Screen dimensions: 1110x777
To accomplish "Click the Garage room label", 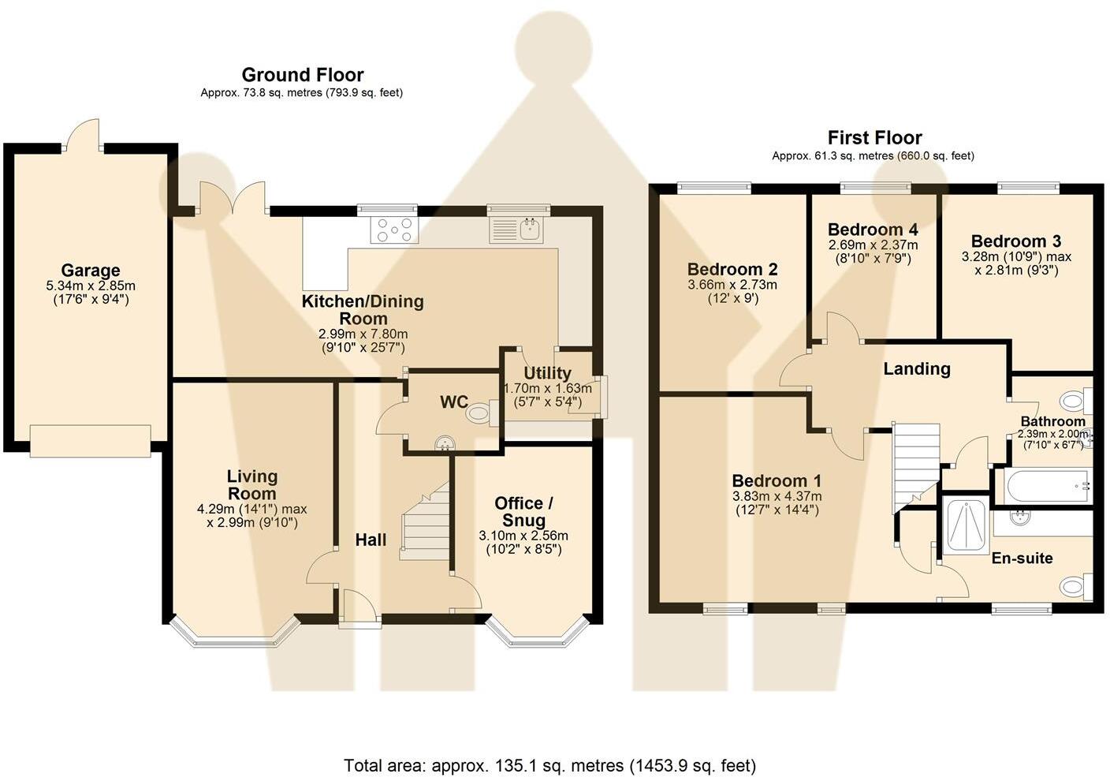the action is (x=91, y=271).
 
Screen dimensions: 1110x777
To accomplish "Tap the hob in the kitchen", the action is (x=394, y=230).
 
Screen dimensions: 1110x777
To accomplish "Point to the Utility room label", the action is (x=548, y=373).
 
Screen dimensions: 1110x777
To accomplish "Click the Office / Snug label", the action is (x=523, y=512).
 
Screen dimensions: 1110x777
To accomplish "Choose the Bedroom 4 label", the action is (x=873, y=230).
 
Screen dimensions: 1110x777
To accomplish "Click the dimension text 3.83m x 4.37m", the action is (x=777, y=496).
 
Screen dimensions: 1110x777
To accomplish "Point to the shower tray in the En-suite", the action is (x=966, y=526).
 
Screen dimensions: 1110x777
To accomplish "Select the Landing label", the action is (x=917, y=369).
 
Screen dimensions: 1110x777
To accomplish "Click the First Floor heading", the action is (x=874, y=137).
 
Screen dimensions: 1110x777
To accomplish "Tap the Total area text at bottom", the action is (x=550, y=765).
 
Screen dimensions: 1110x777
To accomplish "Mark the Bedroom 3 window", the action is (x=1029, y=188).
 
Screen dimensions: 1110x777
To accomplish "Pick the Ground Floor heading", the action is (x=302, y=75).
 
